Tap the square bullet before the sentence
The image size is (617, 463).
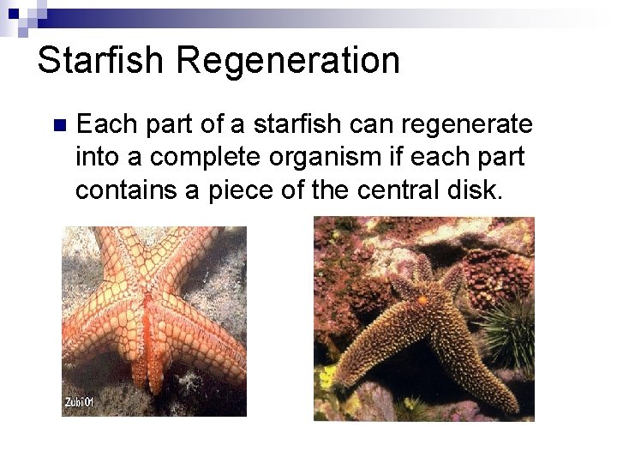(x=58, y=126)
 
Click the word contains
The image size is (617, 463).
(x=126, y=190)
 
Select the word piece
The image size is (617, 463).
(x=243, y=190)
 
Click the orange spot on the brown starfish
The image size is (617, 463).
(x=422, y=300)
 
